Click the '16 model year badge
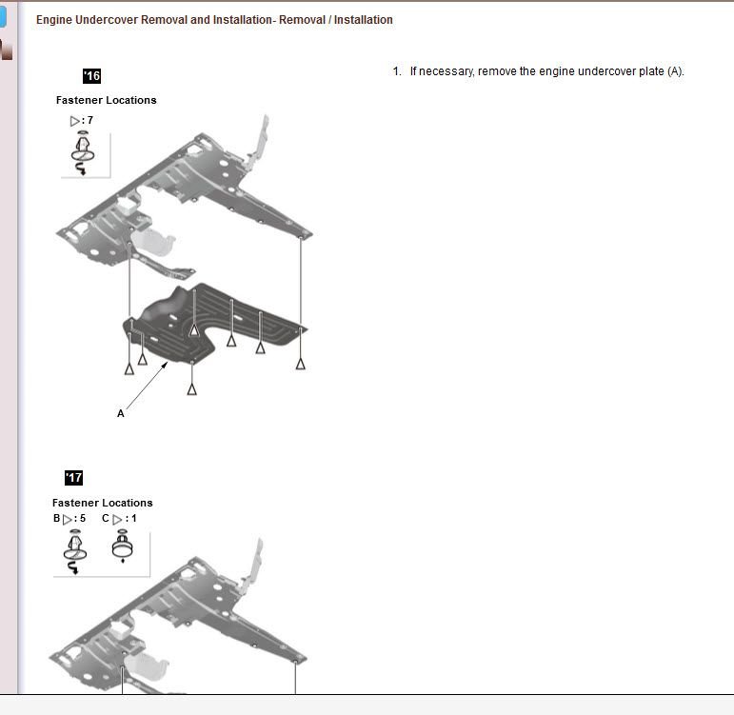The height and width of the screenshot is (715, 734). click(x=91, y=76)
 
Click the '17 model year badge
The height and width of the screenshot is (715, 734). click(x=73, y=478)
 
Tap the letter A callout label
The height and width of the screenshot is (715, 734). click(x=121, y=413)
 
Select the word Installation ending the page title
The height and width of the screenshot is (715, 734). click(x=364, y=20)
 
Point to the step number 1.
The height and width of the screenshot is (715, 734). click(x=397, y=71)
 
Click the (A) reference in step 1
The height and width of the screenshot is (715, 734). click(x=676, y=71)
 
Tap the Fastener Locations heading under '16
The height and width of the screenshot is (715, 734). click(x=107, y=100)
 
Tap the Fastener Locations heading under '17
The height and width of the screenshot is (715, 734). click(x=103, y=503)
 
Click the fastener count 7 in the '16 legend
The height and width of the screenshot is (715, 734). click(x=89, y=120)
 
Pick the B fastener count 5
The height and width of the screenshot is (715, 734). click(x=83, y=518)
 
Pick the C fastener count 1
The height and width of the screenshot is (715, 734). click(x=134, y=518)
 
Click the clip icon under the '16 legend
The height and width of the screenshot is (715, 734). click(x=83, y=152)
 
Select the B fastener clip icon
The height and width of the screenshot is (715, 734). click(x=75, y=551)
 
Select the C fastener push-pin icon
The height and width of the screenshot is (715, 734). click(x=123, y=545)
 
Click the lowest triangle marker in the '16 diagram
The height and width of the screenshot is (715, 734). click(x=192, y=389)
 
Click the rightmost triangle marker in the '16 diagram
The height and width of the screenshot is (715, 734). click(x=301, y=364)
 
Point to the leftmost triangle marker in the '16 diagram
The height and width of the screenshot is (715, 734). click(x=129, y=369)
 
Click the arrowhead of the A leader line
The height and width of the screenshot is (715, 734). click(x=166, y=365)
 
